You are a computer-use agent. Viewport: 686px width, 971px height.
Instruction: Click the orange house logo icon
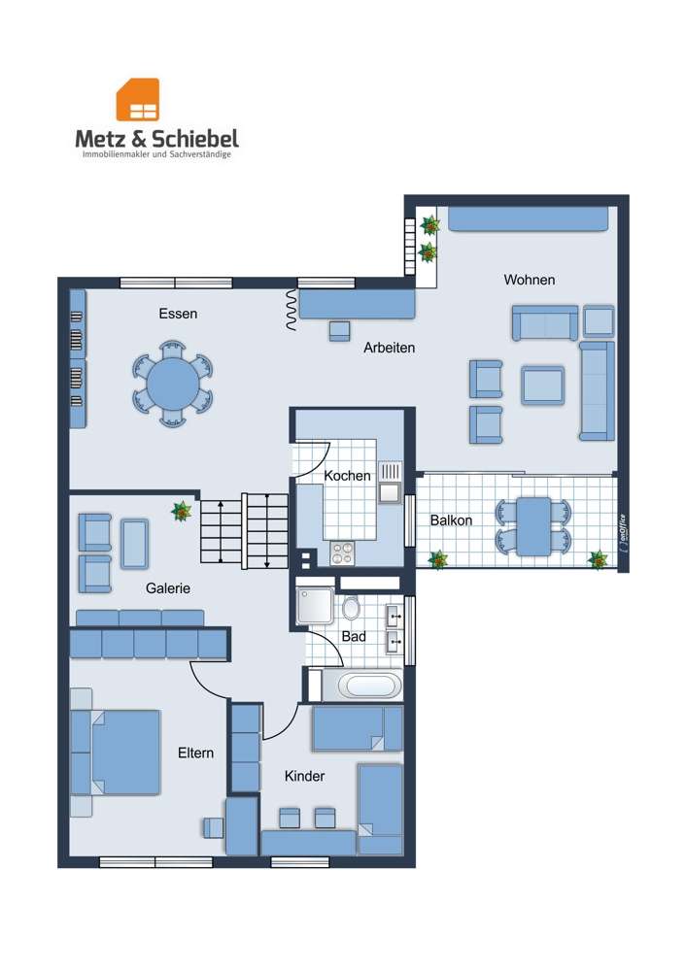coord(138,100)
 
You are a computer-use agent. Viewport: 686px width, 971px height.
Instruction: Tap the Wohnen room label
coord(529,280)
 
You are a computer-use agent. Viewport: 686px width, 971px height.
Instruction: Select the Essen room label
coord(178,314)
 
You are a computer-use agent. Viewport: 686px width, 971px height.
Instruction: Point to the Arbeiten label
coord(390,348)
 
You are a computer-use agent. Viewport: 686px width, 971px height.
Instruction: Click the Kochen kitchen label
coord(347,476)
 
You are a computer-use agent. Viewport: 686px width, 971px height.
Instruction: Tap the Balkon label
coord(451,520)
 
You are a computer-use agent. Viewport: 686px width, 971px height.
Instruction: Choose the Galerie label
coord(168,587)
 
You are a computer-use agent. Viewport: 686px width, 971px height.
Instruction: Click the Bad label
coord(354,636)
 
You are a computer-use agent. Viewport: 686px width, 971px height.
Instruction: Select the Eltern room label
coord(195,753)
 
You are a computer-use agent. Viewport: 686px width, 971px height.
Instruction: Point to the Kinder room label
coord(304,776)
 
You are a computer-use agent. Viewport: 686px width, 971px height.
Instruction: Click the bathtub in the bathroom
coord(368,686)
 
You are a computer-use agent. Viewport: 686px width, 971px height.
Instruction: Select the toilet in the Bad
coord(351,609)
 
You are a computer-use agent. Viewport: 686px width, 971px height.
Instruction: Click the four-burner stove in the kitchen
coord(343,552)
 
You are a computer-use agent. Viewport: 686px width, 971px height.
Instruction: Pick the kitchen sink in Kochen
coord(390,483)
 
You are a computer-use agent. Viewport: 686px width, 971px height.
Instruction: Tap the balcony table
coord(533,526)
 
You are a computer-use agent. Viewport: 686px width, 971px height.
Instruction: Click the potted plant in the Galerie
coord(181,511)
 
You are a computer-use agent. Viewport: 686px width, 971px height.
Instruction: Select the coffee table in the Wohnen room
coord(542,385)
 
